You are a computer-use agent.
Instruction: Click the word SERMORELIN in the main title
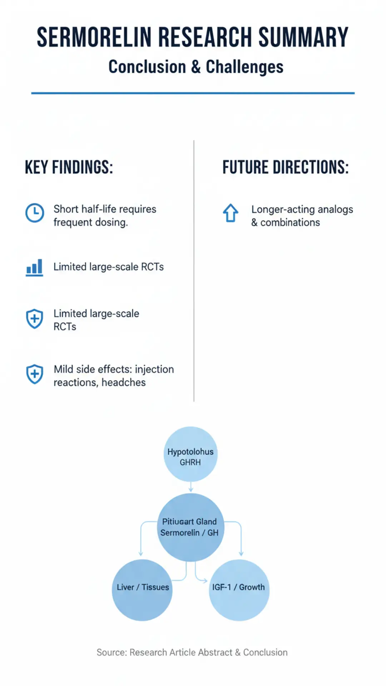tap(94, 37)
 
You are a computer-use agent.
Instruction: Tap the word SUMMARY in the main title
tap(303, 37)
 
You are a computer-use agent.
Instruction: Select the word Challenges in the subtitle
tap(244, 67)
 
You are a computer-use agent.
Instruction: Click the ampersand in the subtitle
tap(196, 67)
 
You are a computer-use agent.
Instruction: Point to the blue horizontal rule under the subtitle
tap(193, 93)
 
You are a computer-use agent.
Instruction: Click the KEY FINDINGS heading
tap(69, 167)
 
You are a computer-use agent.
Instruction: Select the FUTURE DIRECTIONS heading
tap(286, 167)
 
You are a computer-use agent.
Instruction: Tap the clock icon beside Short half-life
tap(35, 213)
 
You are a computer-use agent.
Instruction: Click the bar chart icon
tap(35, 268)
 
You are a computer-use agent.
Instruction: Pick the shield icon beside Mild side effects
tap(35, 374)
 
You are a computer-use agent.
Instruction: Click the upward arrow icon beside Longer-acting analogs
tap(231, 213)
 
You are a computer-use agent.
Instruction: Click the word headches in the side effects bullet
tap(124, 382)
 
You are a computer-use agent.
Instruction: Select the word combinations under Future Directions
tap(290, 223)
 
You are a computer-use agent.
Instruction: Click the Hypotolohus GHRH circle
tap(190, 454)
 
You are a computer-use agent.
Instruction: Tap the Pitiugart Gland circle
tap(190, 527)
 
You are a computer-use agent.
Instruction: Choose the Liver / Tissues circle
tap(142, 590)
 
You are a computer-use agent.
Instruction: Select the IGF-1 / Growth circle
tap(239, 590)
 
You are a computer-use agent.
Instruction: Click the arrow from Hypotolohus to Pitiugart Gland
tap(191, 487)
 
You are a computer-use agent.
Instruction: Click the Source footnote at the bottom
tap(192, 652)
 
